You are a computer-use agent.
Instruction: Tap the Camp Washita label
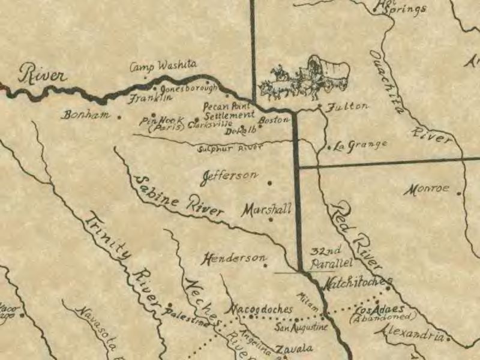coord(163,67)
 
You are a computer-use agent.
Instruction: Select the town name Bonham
coord(86,114)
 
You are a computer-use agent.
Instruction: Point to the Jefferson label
coord(230,176)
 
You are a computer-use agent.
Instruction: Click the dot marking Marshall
coord(271,220)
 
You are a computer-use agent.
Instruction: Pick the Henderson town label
coord(234,259)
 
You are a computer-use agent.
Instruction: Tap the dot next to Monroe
coord(460,193)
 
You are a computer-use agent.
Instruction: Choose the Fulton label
coord(348,106)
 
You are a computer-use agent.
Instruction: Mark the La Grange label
coord(360,145)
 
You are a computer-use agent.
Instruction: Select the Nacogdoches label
coord(262,310)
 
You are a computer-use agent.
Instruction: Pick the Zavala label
coord(294,349)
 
